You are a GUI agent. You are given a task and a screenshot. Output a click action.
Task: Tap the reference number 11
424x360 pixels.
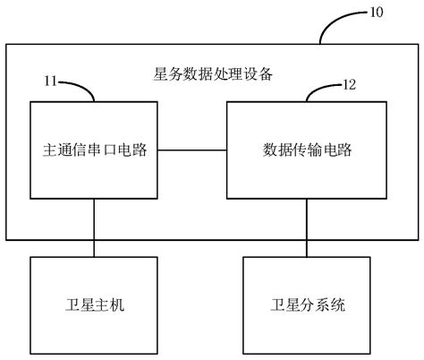point(52,81)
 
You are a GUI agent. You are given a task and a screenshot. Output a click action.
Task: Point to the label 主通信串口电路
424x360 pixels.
point(94,149)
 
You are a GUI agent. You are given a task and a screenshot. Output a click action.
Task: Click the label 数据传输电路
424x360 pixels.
point(307,149)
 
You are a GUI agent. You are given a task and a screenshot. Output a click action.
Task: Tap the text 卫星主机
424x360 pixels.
point(94,304)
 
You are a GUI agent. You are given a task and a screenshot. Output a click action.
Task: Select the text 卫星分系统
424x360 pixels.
point(307,304)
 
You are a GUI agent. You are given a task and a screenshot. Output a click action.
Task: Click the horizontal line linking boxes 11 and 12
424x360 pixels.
point(191,149)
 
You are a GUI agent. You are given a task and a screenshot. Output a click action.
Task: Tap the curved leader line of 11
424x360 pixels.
point(81,88)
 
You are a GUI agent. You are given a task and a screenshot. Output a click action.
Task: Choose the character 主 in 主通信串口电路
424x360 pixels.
point(49,149)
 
